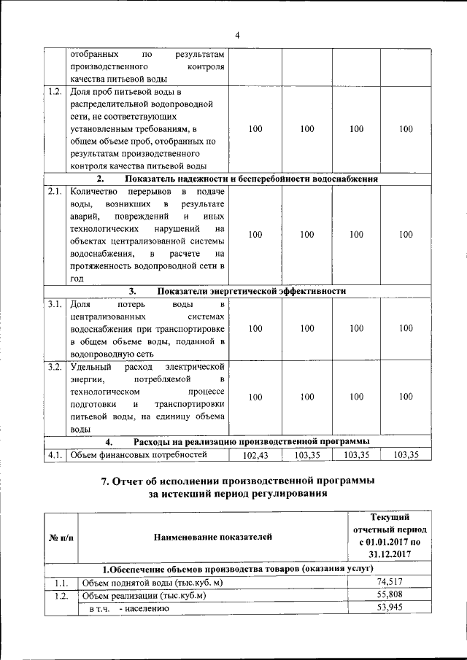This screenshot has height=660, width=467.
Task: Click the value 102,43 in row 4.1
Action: tap(256, 455)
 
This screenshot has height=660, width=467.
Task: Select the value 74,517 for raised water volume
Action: tap(390, 581)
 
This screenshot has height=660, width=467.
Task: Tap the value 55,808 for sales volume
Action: tap(390, 594)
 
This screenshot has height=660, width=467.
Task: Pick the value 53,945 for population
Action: tap(390, 607)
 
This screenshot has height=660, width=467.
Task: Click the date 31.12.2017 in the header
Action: tap(390, 554)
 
